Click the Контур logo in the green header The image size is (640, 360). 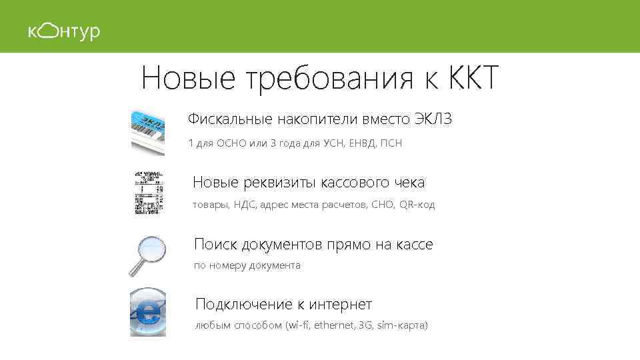pyautogui.click(x=63, y=31)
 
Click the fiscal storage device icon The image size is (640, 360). pyautogui.click(x=147, y=131)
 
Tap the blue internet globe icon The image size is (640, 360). pyautogui.click(x=147, y=312)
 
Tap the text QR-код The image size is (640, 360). pyautogui.click(x=417, y=205)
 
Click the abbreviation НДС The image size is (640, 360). pyautogui.click(x=243, y=205)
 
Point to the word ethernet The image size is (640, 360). pyautogui.click(x=335, y=325)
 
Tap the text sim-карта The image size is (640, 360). pyautogui.click(x=403, y=325)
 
